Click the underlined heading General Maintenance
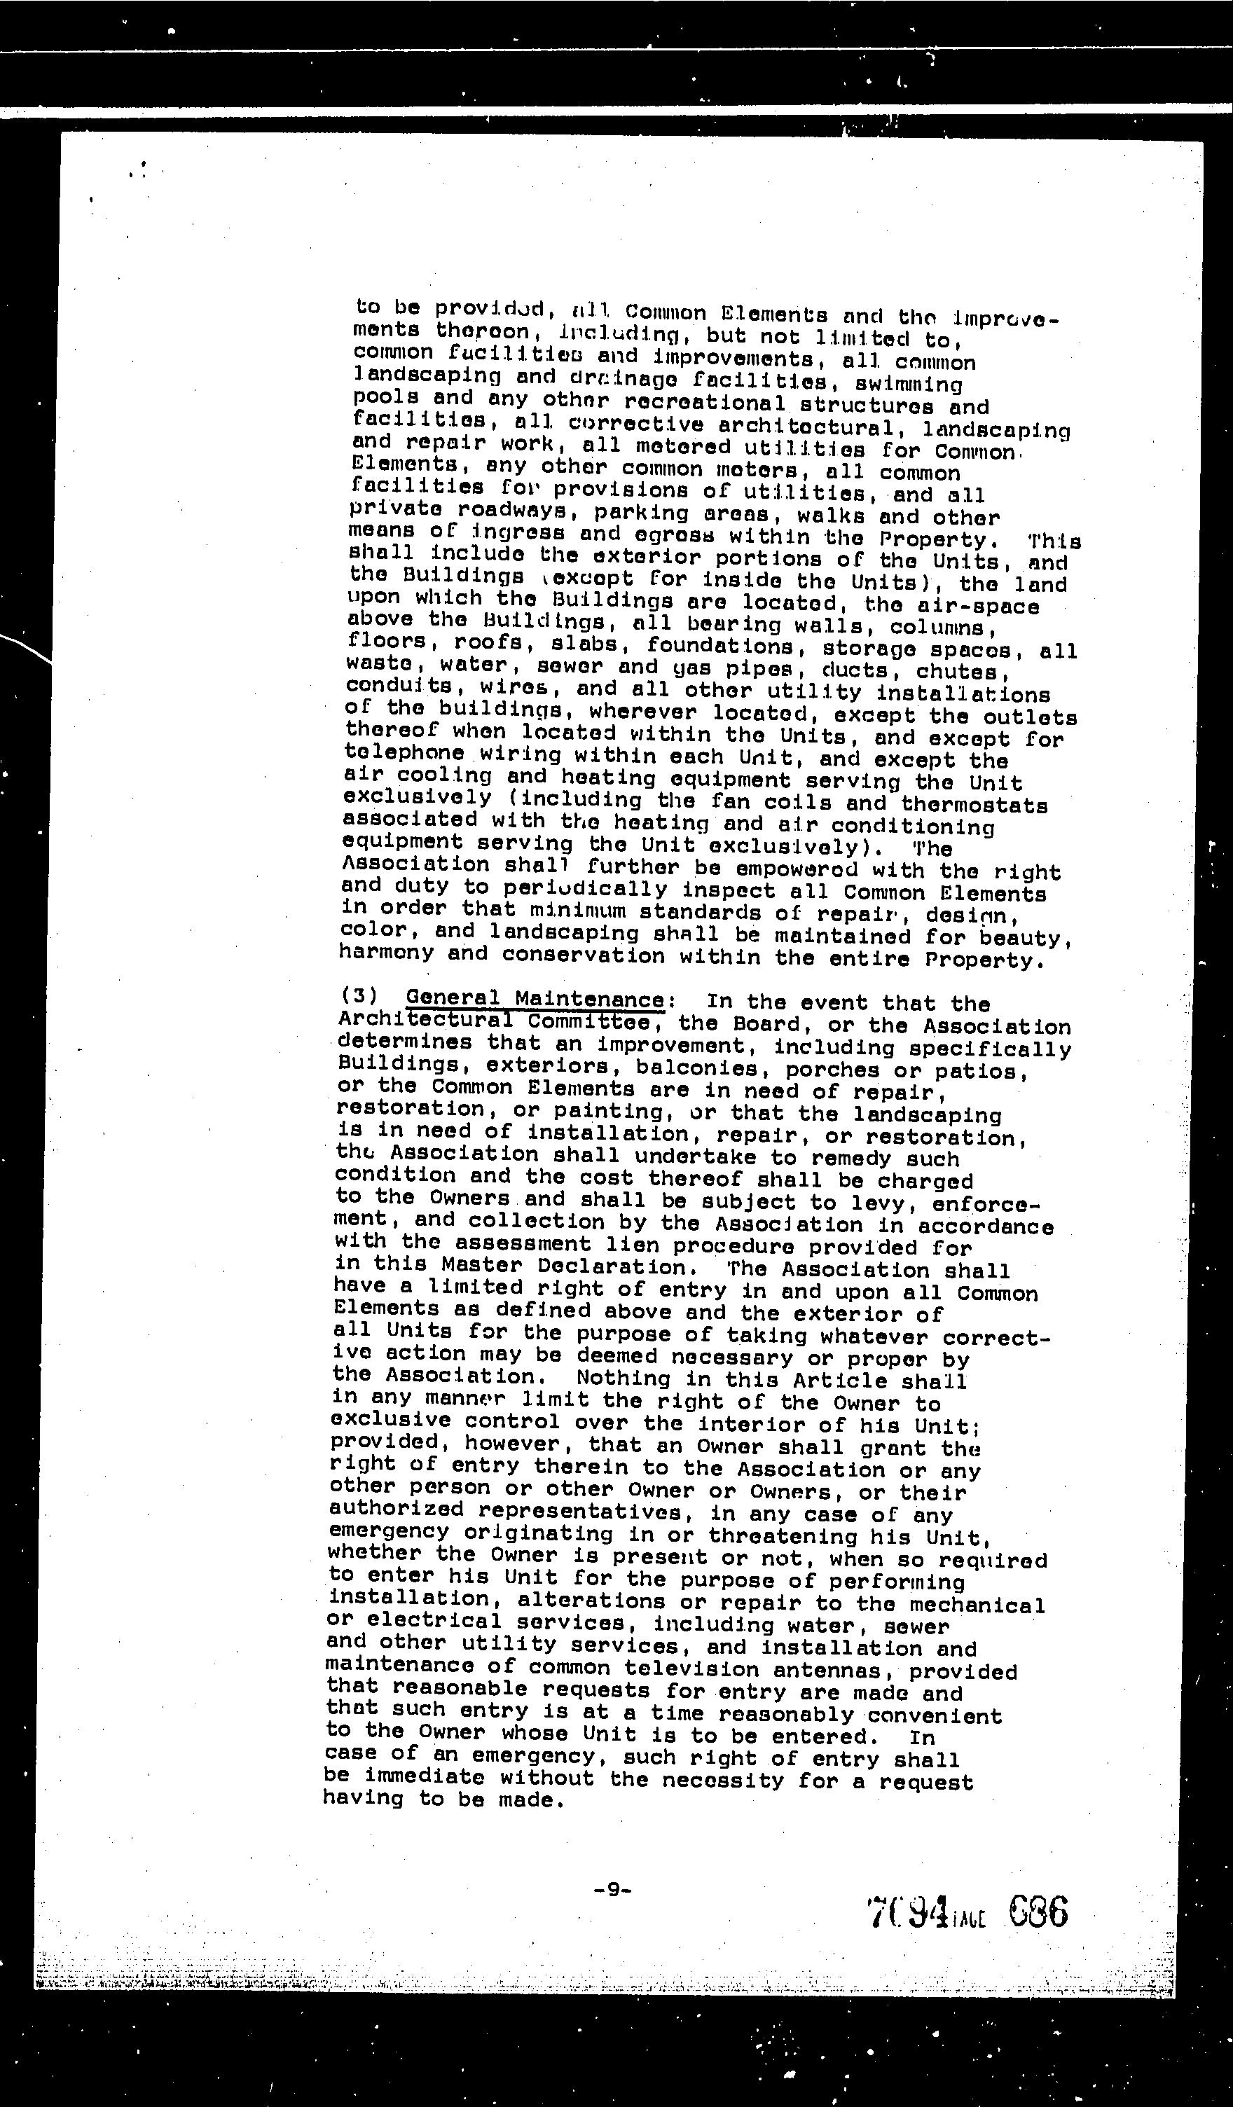(535, 998)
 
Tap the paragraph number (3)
(359, 997)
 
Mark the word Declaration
(624, 1268)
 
